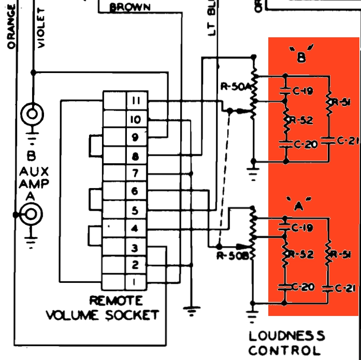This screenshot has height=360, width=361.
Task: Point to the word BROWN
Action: point(130,7)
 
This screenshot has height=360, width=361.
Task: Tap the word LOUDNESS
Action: point(287,336)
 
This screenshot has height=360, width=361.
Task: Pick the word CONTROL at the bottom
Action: point(285,351)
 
